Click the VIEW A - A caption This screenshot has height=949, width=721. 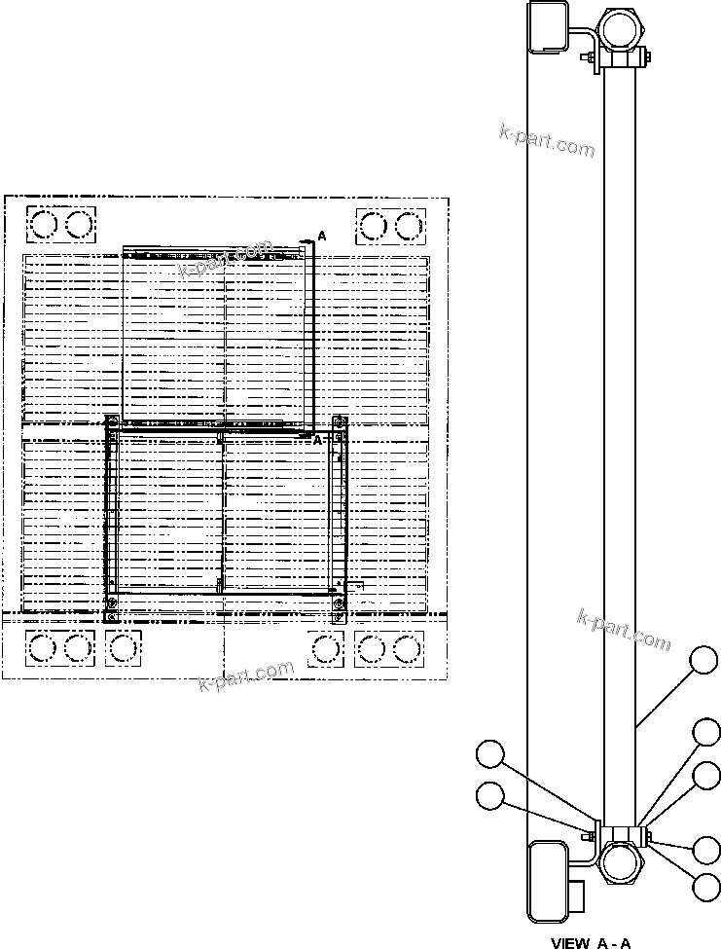coord(592,942)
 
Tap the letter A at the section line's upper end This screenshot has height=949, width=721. coord(322,237)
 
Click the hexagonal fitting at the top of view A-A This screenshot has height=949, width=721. coord(622,29)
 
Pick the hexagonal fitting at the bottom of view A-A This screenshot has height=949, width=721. coord(622,861)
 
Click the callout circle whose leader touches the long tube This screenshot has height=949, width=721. coord(704,663)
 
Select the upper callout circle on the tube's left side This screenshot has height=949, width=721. coord(490,754)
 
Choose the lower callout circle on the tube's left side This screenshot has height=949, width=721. coord(490,795)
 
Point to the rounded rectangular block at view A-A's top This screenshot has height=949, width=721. coord(548,26)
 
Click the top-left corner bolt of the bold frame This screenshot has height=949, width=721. coord(112,422)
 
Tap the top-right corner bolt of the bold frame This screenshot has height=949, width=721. coord(339,422)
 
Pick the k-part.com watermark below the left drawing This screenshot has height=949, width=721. coord(246,675)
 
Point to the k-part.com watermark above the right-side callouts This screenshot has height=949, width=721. coord(625,631)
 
